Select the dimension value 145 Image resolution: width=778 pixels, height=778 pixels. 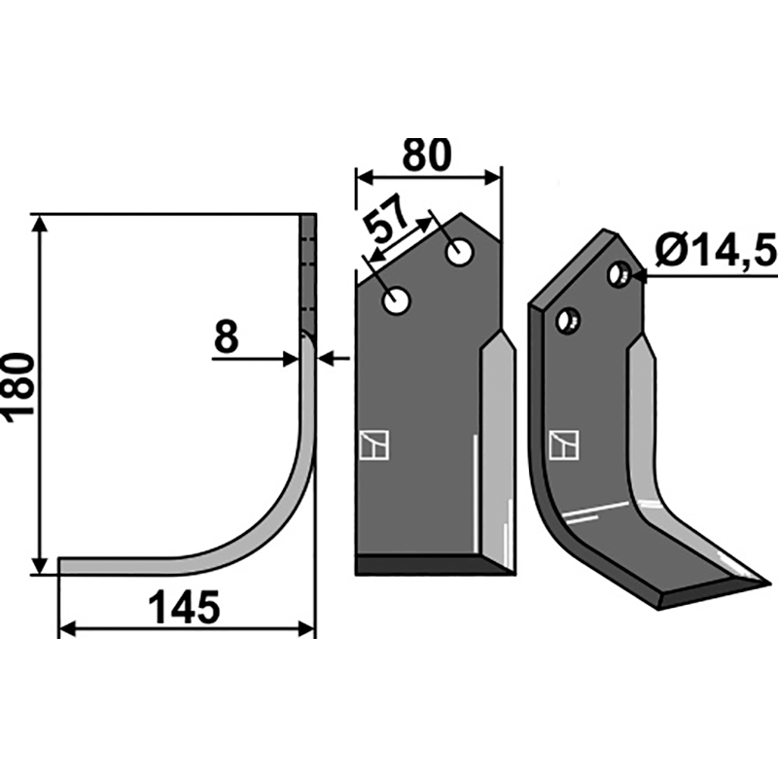(184, 609)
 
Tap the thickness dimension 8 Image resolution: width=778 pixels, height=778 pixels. (225, 337)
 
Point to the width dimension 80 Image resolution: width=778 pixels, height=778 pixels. (427, 156)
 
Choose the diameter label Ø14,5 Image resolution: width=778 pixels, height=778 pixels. (716, 252)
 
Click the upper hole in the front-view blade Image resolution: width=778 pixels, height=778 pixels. (459, 253)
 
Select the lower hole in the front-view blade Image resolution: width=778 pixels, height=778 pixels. (396, 301)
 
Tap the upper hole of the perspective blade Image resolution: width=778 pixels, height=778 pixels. (618, 274)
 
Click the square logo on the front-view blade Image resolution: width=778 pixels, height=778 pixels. (374, 444)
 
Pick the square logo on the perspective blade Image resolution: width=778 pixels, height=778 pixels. (564, 444)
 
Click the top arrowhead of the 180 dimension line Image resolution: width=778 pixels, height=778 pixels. (39, 223)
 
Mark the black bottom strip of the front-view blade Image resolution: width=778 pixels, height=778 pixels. (428, 565)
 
